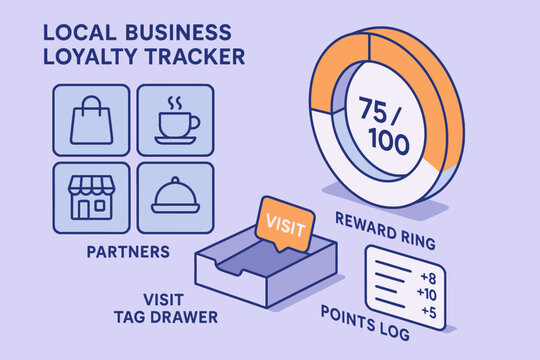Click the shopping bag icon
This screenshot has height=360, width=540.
point(91,121)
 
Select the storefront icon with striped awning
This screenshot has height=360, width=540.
point(91,194)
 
